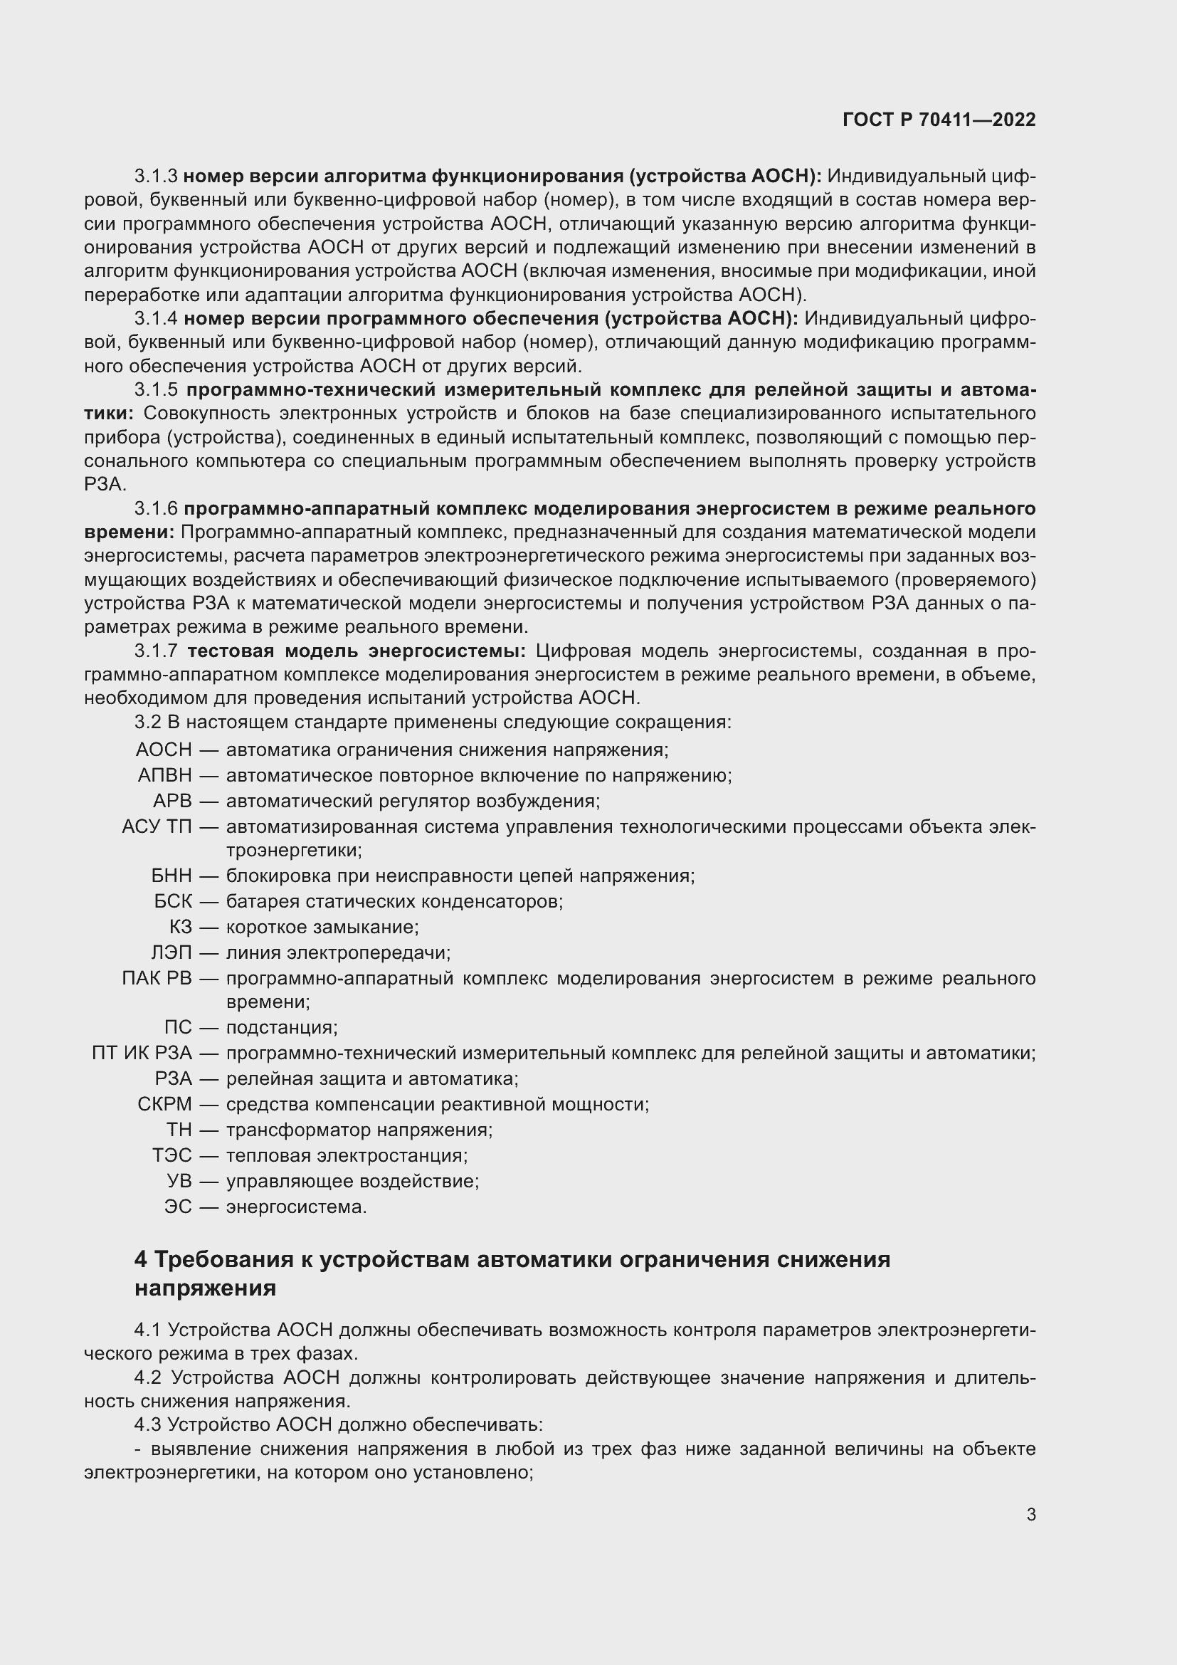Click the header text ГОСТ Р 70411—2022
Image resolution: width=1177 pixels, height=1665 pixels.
click(x=939, y=120)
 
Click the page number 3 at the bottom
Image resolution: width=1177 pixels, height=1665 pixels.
click(x=1030, y=1514)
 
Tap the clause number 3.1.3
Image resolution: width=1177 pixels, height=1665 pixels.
click(x=156, y=177)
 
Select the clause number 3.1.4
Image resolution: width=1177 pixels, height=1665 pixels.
click(x=156, y=318)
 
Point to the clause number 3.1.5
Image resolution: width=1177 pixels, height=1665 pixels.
click(x=156, y=390)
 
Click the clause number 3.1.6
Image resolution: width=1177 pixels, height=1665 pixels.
click(x=156, y=508)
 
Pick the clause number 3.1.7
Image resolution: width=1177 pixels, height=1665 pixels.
click(x=156, y=651)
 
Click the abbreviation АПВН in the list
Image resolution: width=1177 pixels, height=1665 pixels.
click(x=164, y=775)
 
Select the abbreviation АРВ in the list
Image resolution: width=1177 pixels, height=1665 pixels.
click(x=172, y=802)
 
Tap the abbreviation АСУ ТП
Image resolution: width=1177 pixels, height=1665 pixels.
click(x=157, y=826)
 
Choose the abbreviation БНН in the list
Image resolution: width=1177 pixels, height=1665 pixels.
click(x=171, y=876)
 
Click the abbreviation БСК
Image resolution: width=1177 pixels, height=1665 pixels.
click(x=173, y=901)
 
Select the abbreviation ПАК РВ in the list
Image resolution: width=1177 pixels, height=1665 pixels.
click(x=157, y=978)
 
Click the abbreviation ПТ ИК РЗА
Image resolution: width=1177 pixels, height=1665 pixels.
click(x=142, y=1053)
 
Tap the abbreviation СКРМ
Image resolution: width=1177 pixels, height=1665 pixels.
click(x=164, y=1105)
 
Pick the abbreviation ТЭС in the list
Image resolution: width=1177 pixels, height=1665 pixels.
click(x=171, y=1155)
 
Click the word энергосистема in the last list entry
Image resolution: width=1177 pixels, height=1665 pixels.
click(x=297, y=1207)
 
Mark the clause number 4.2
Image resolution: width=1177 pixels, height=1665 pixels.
click(x=148, y=1378)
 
